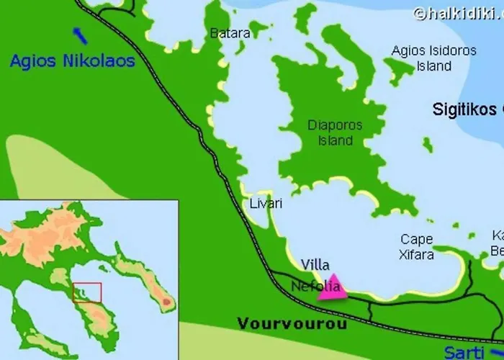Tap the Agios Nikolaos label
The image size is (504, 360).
click(72, 61)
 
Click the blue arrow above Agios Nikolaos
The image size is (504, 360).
click(81, 35)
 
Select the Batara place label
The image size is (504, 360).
click(230, 33)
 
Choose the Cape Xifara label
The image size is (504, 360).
click(417, 246)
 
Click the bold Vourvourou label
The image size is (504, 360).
click(292, 324)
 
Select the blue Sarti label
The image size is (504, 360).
click(464, 352)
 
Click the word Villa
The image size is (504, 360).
click(315, 264)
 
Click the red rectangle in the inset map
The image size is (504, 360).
click(86, 292)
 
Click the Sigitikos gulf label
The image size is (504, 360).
click(467, 109)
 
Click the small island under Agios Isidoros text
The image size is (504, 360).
click(396, 71)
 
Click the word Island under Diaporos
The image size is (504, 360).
click(335, 140)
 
